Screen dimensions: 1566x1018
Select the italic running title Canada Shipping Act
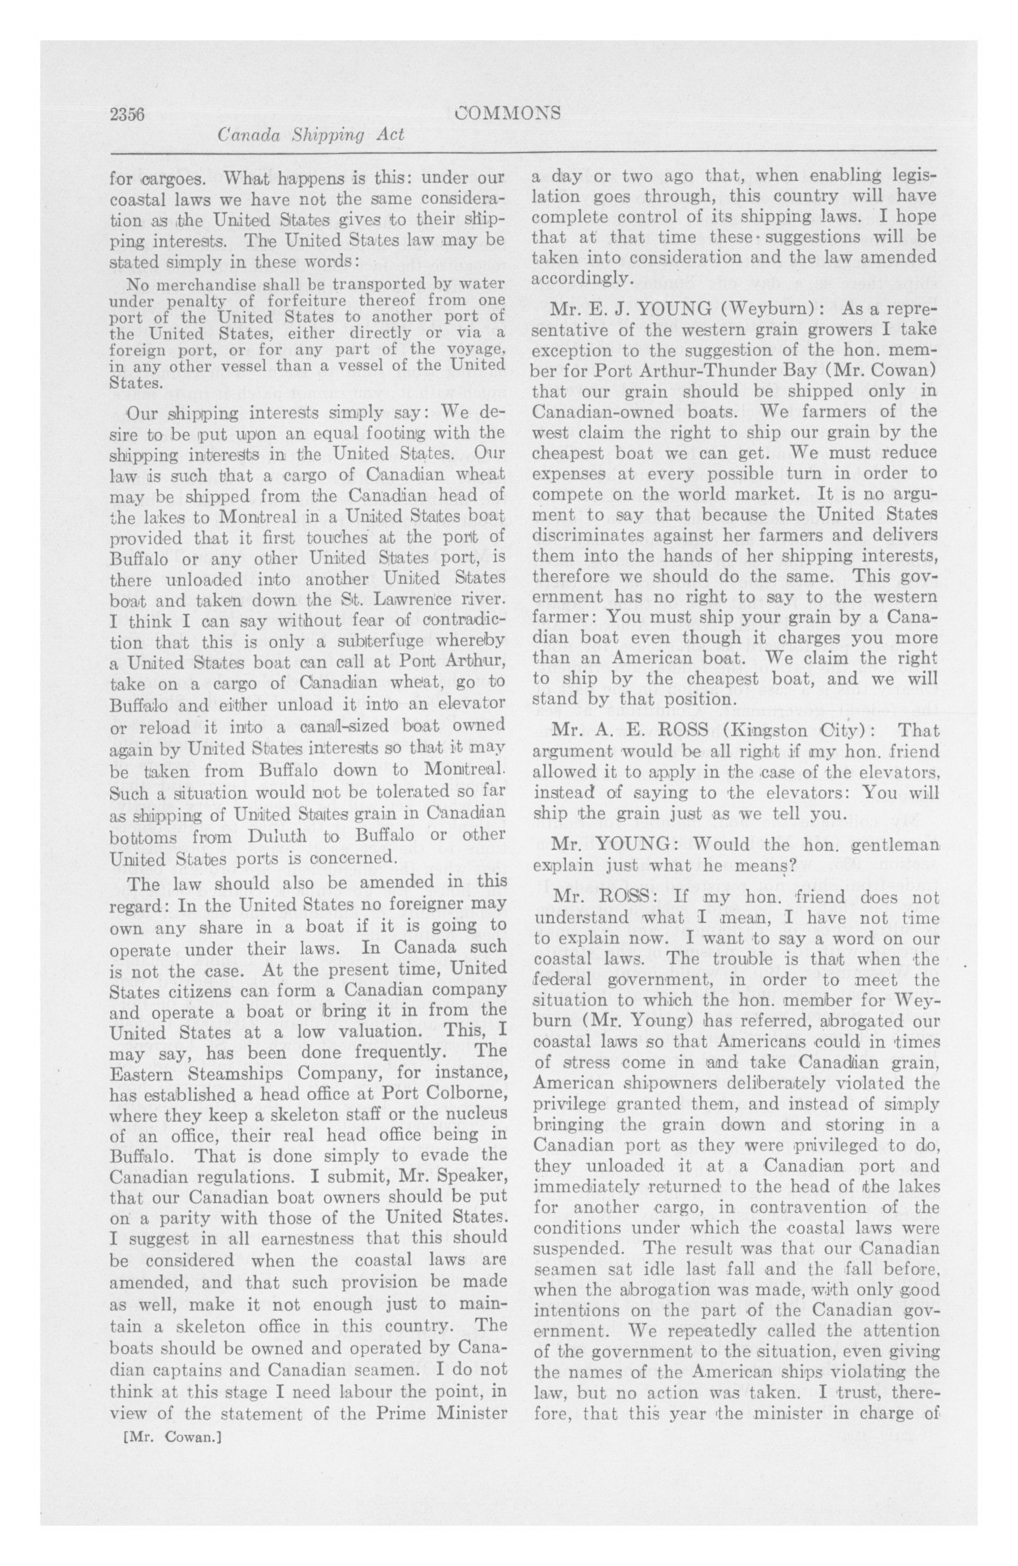pos(310,136)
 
